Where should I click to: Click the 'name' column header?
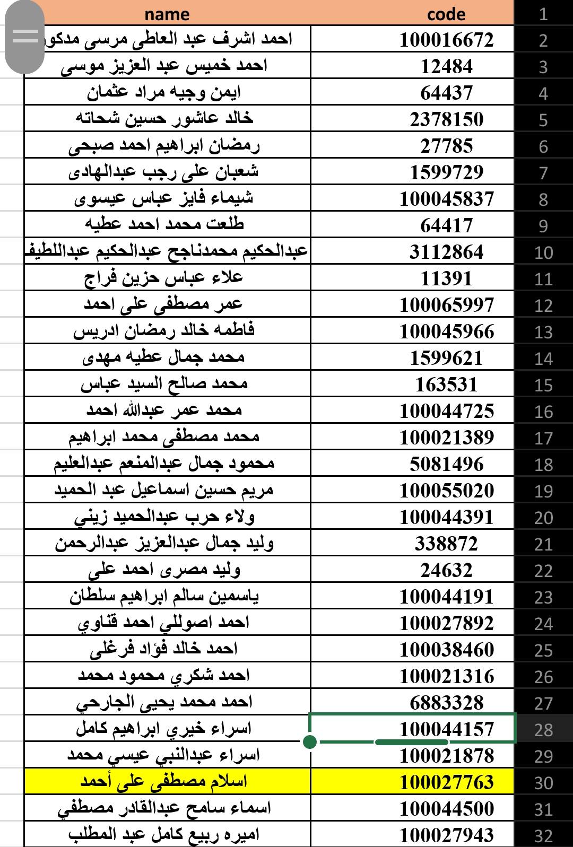tap(167, 14)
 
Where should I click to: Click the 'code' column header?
tap(446, 14)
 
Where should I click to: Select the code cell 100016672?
tap(446, 40)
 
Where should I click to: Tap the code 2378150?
tap(446, 119)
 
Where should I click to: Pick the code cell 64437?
tap(446, 93)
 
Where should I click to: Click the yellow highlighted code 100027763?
tap(446, 782)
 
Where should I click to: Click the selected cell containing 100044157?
tap(446, 729)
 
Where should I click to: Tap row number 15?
tap(543, 385)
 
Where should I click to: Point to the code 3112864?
tap(446, 252)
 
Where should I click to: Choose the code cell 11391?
tap(446, 278)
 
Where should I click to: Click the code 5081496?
tap(446, 464)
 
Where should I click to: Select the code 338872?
tap(446, 544)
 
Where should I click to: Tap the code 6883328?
tap(446, 703)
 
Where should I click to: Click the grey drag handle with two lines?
tap(25, 36)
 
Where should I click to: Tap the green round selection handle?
tap(310, 741)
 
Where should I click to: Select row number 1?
tap(543, 14)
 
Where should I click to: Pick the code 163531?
tap(446, 385)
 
